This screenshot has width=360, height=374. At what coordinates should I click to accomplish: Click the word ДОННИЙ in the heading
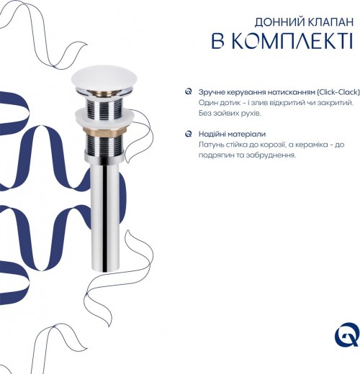(x=279, y=22)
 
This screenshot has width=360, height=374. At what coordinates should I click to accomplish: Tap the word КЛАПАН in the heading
(x=330, y=22)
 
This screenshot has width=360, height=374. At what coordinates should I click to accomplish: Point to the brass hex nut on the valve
(x=104, y=131)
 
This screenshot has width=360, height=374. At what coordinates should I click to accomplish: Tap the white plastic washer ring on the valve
(x=104, y=117)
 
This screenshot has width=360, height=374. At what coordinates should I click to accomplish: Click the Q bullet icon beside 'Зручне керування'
(x=189, y=92)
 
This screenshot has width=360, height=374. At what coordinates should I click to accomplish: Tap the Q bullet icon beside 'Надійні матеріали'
(x=189, y=134)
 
